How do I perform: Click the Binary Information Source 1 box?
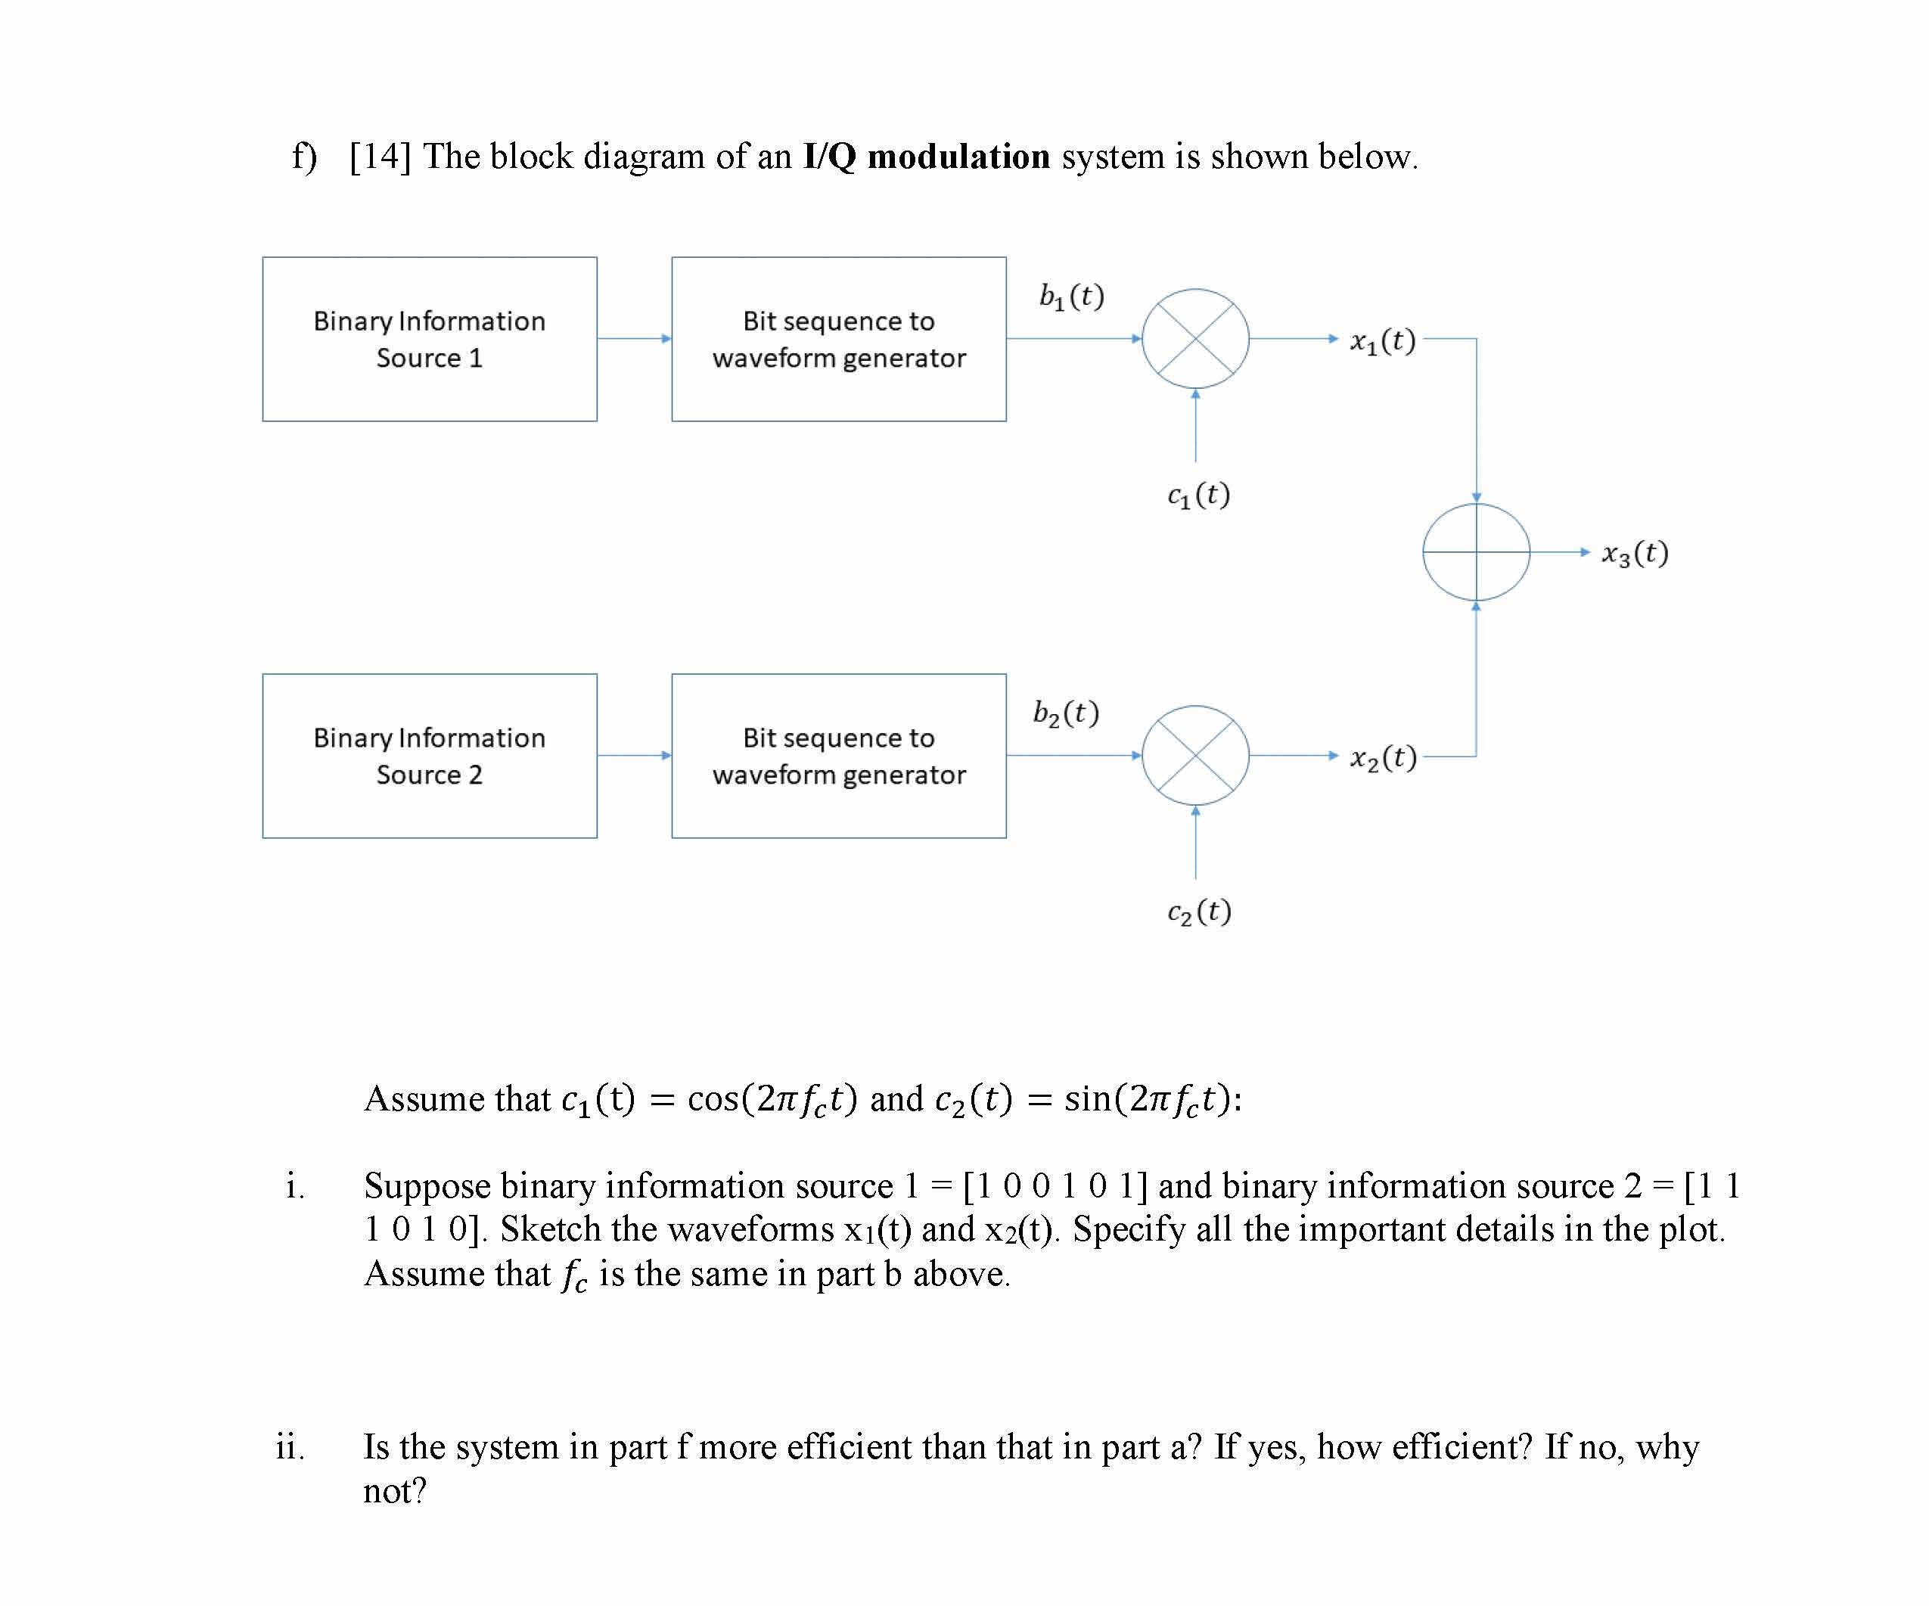pyautogui.click(x=429, y=339)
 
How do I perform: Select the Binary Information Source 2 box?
pyautogui.click(x=429, y=755)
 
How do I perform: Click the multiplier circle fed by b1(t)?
pyautogui.click(x=1194, y=338)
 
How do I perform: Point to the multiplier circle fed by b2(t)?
pyautogui.click(x=1194, y=755)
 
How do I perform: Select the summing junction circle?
pyautogui.click(x=1475, y=551)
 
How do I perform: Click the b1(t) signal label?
pyautogui.click(x=1071, y=296)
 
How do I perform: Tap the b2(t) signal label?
pyautogui.click(x=1066, y=713)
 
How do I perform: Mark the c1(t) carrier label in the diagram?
pyautogui.click(x=1197, y=495)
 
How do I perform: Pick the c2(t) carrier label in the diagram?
pyautogui.click(x=1199, y=912)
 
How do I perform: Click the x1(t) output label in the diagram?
pyautogui.click(x=1383, y=341)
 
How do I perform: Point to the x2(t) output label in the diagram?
pyautogui.click(x=1383, y=758)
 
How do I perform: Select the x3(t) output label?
pyautogui.click(x=1635, y=553)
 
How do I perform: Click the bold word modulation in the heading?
pyautogui.click(x=958, y=156)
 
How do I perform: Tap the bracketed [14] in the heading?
pyautogui.click(x=380, y=156)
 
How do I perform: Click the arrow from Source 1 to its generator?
pyautogui.click(x=634, y=338)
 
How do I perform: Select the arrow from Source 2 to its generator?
pyautogui.click(x=634, y=755)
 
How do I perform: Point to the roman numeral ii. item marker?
pyautogui.click(x=289, y=1446)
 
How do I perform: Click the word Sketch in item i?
pyautogui.click(x=550, y=1229)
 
